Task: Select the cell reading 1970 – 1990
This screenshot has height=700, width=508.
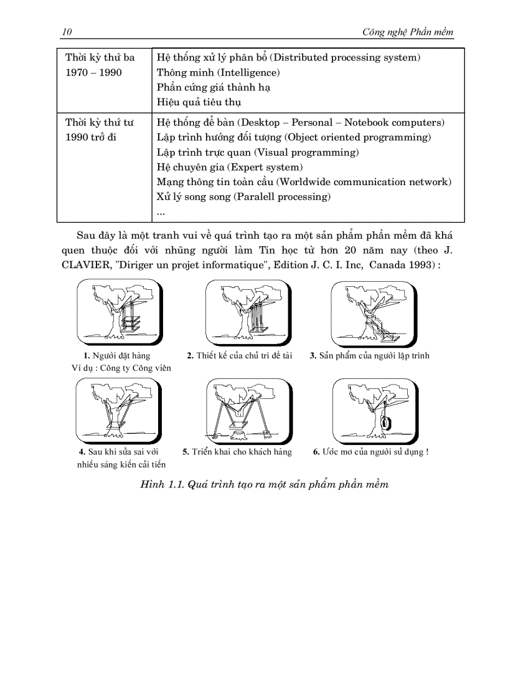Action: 94,72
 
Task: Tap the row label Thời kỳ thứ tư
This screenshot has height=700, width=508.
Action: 100,122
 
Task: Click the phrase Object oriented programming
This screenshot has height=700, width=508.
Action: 357,137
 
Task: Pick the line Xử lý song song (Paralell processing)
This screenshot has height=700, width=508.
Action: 243,197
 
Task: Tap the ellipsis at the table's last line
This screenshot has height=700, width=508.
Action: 161,212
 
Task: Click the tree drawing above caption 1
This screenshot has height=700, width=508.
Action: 120,312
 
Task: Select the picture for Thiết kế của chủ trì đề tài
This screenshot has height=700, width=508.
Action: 248,312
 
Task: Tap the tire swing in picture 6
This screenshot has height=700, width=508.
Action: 386,423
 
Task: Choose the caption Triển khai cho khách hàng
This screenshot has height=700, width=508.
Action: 237,452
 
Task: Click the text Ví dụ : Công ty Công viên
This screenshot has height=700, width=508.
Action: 121,368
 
